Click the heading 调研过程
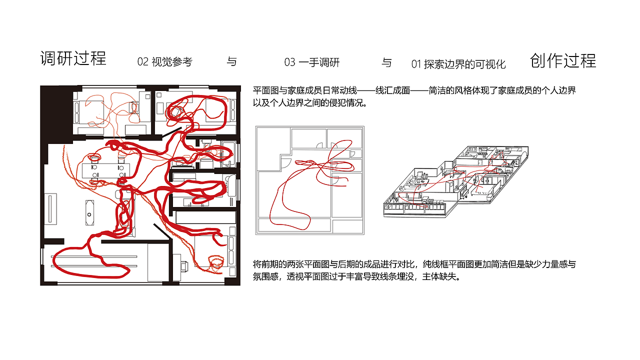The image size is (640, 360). pos(73,58)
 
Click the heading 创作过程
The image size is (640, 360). pos(563,60)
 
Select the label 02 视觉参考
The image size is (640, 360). pos(164,62)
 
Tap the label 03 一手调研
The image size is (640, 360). pos(312,62)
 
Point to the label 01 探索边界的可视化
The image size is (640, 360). pos(458,64)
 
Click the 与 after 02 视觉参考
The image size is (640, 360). pos(231,62)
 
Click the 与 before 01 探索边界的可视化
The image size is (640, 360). pos(386,63)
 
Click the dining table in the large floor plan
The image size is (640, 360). pos(107,169)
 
